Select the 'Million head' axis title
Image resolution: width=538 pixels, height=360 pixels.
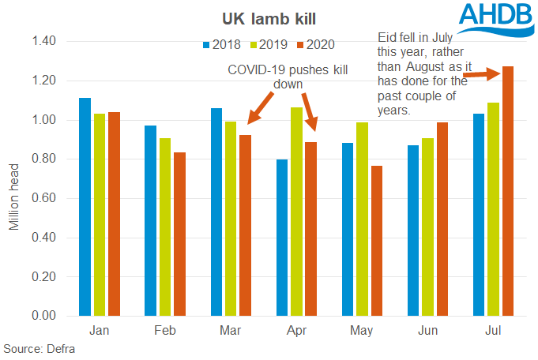13,197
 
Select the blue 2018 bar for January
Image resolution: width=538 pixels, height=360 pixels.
85,207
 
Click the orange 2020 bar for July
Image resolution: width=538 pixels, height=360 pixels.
508,191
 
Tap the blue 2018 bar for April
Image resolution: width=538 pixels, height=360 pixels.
282,238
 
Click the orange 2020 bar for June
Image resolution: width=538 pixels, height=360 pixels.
442,219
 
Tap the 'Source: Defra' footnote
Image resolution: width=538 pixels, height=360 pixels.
37,348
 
